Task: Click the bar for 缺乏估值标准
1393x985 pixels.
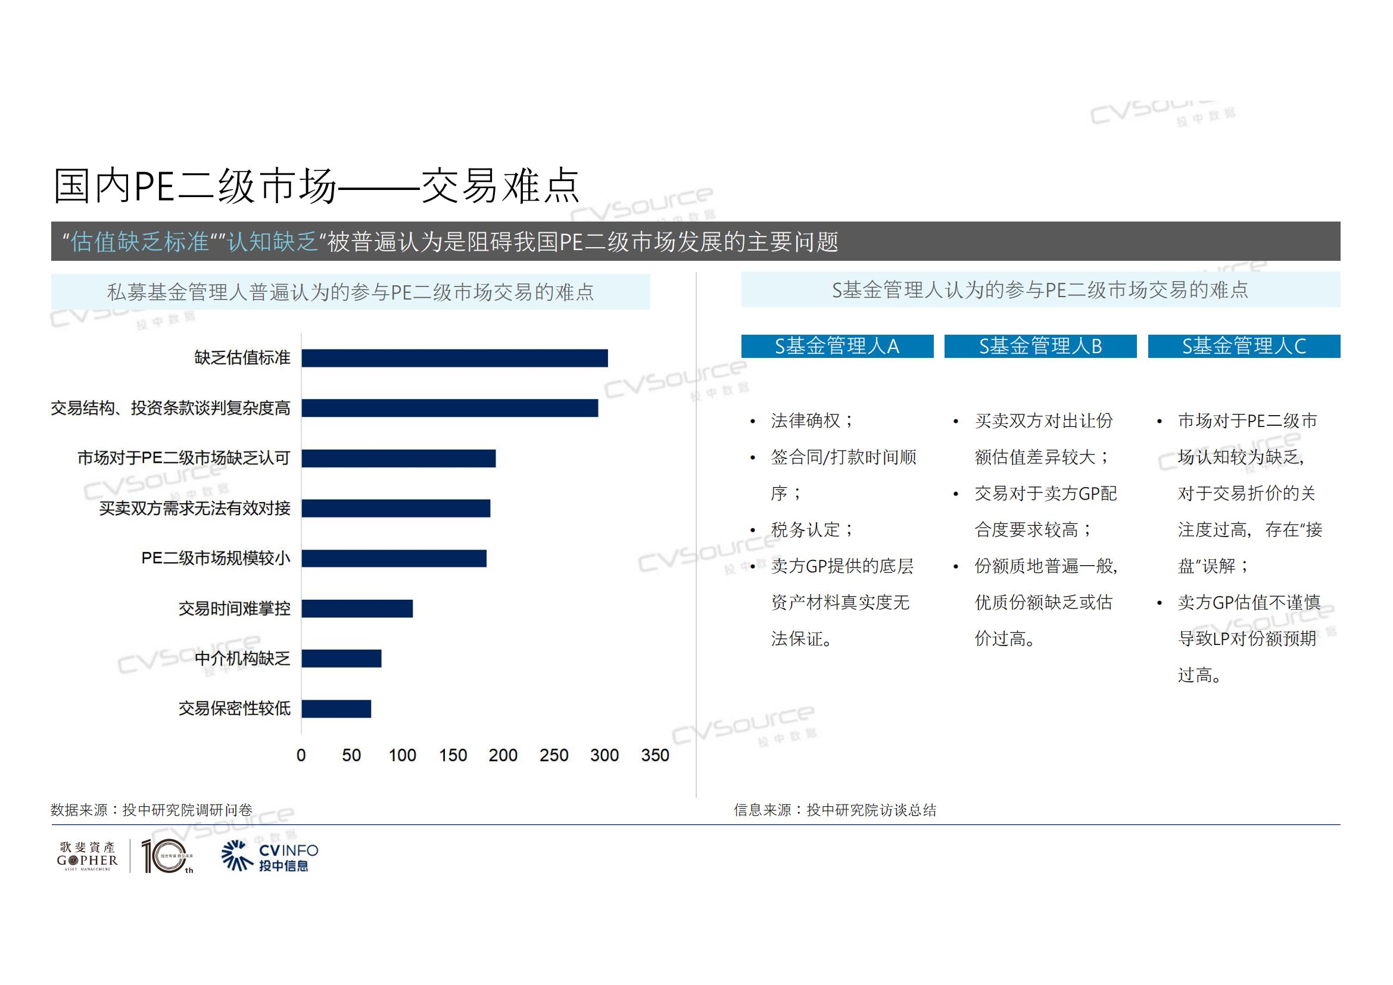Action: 454,358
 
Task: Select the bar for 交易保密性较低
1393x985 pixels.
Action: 336,709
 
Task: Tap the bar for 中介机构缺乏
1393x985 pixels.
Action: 342,658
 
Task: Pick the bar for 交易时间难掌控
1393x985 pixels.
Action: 357,609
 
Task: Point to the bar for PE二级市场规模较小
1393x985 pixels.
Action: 394,558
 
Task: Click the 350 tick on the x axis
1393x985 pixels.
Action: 655,755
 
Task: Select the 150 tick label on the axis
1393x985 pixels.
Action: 453,755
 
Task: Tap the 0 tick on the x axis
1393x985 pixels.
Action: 301,755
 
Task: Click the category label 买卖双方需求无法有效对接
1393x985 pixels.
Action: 195,508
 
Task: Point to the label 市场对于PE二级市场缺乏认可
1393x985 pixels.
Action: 184,458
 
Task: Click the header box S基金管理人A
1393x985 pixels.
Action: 837,347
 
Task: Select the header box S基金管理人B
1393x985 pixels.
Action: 1040,347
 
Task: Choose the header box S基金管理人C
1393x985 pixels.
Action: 1244,347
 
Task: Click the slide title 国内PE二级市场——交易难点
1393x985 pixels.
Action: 317,186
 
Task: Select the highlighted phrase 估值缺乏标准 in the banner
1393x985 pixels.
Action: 140,242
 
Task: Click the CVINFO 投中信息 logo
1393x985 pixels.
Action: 270,856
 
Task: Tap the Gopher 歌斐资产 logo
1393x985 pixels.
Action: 88,856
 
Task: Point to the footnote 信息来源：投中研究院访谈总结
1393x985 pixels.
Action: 835,810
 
